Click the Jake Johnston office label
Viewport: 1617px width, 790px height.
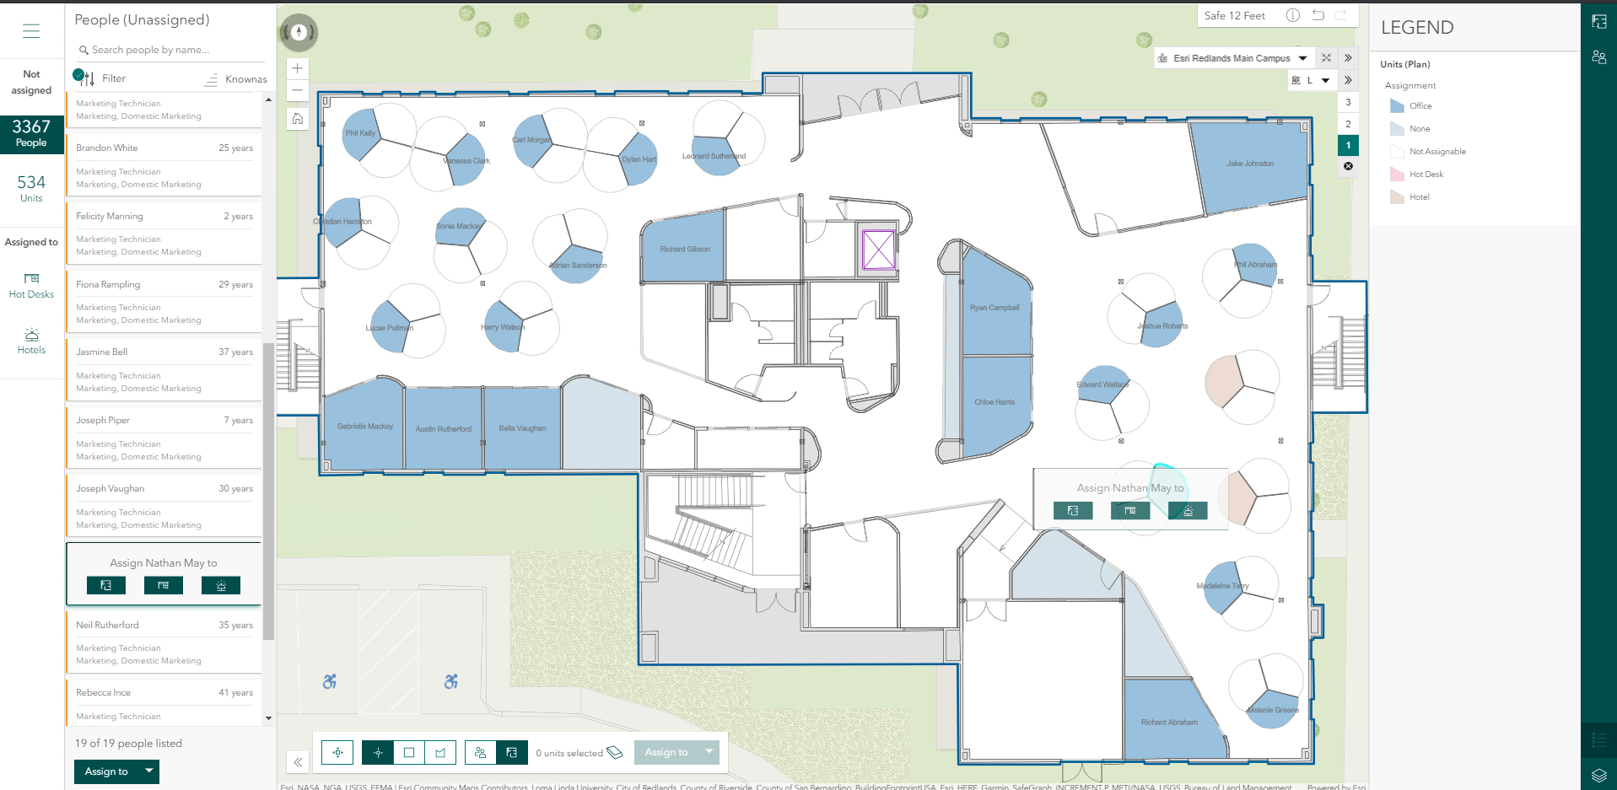tap(1250, 164)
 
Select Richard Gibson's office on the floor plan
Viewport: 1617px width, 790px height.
tap(684, 249)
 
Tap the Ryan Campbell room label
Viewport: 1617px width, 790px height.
tap(994, 308)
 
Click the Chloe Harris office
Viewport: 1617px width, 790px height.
tap(994, 402)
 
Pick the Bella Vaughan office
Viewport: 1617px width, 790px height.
tap(522, 428)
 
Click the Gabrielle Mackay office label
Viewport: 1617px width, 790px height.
tap(365, 427)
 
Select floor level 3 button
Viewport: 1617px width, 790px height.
tap(1348, 102)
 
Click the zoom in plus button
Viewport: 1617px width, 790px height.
tap(298, 68)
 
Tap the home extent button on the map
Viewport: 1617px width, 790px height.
tap(298, 119)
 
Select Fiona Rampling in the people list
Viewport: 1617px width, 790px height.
tap(109, 284)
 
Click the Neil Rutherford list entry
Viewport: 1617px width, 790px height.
tap(108, 625)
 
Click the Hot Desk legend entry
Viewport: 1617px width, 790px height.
tap(1426, 175)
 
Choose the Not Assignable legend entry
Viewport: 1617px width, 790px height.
tap(1436, 152)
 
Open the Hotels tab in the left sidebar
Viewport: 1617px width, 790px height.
tap(31, 341)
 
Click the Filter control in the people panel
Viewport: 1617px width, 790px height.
tap(113, 78)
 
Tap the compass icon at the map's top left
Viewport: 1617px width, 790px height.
tap(299, 32)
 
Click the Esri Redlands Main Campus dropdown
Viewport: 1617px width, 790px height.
tap(1232, 58)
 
